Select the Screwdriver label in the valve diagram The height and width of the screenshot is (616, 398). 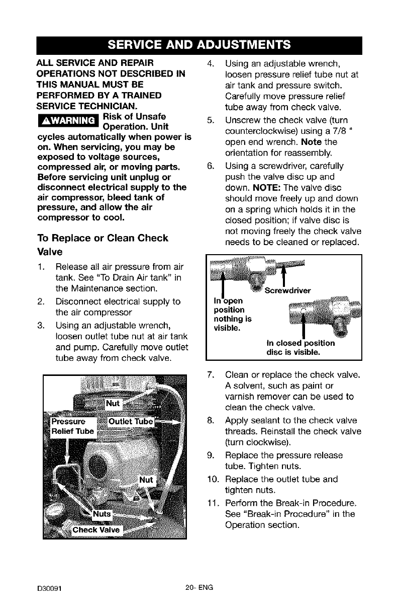tap(287, 290)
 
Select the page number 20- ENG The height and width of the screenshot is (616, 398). tap(199, 587)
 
